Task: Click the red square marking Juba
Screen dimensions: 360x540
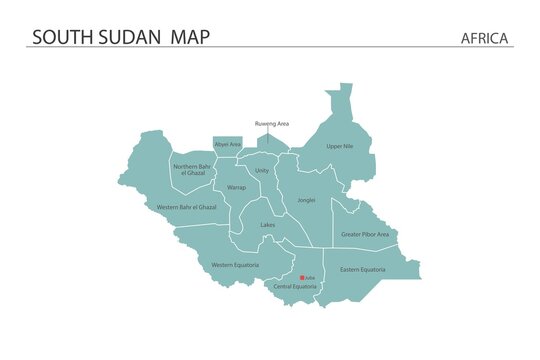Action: point(302,278)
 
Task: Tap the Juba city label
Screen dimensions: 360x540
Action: point(310,278)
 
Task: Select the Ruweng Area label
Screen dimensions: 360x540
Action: point(271,123)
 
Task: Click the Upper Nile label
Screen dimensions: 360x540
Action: point(340,146)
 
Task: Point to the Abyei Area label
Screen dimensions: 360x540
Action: point(228,144)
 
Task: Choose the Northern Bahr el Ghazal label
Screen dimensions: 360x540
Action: point(193,169)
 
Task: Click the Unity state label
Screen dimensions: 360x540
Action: point(262,170)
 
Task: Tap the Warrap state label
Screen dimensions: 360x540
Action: point(236,187)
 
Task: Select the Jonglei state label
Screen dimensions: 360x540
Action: point(306,199)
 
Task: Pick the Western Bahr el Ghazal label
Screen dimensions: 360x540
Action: point(187,207)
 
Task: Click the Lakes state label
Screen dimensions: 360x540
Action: point(268,225)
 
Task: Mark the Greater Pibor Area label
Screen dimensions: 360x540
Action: point(365,234)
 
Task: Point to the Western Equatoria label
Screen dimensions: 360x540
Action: point(235,264)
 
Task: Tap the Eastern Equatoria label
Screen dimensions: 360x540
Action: point(362,269)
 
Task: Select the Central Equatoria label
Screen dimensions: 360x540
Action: point(295,286)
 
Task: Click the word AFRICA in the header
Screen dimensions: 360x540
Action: point(485,38)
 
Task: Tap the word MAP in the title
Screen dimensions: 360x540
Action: point(190,37)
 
